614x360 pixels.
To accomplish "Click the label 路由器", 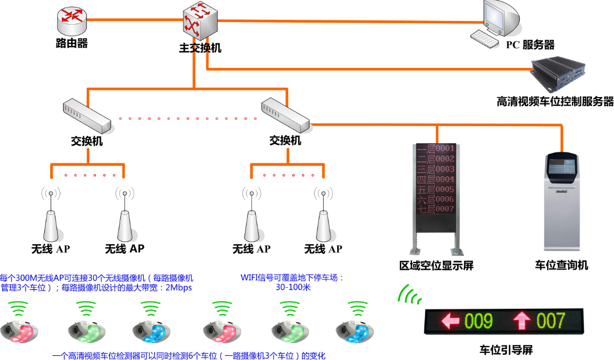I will [x=72, y=43].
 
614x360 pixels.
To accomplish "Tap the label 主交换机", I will [x=200, y=48].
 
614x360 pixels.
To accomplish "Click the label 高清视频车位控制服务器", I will [x=555, y=101].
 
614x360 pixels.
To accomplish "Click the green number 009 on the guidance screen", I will [x=479, y=321].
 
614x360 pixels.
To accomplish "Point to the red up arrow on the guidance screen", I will [x=521, y=321].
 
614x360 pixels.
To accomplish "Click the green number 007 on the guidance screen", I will [x=550, y=321].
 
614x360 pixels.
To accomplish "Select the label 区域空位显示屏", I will [x=436, y=266].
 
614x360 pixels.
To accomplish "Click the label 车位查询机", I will [x=561, y=265].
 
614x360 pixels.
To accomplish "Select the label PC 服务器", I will [x=530, y=45].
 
